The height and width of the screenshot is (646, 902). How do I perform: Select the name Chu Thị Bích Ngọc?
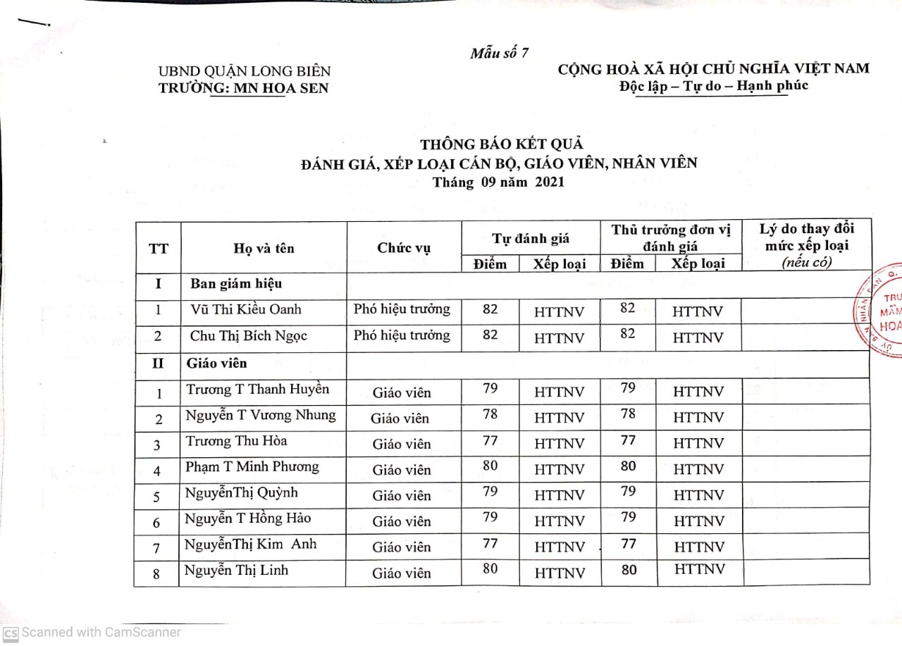(249, 336)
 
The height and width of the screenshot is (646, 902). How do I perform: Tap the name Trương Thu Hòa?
(236, 442)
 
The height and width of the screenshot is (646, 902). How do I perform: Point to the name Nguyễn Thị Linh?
(236, 571)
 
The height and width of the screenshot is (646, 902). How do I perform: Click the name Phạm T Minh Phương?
(252, 467)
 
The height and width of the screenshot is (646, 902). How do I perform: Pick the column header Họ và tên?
(264, 248)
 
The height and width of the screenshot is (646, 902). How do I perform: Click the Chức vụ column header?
(404, 248)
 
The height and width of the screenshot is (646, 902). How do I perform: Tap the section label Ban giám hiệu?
(236, 284)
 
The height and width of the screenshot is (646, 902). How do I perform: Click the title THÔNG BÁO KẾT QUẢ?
(502, 144)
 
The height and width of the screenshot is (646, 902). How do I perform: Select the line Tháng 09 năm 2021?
(498, 182)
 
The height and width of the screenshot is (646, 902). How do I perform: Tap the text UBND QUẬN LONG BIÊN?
(245, 71)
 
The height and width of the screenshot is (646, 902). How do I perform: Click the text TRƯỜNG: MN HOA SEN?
(244, 88)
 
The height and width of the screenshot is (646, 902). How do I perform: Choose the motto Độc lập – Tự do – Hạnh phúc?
(713, 86)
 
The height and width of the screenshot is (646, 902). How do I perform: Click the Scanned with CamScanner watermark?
(92, 632)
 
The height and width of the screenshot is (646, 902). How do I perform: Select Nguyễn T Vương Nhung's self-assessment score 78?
(490, 415)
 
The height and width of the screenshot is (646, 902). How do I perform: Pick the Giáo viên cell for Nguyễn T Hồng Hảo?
(402, 522)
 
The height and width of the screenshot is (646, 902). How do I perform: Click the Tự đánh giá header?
(531, 239)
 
